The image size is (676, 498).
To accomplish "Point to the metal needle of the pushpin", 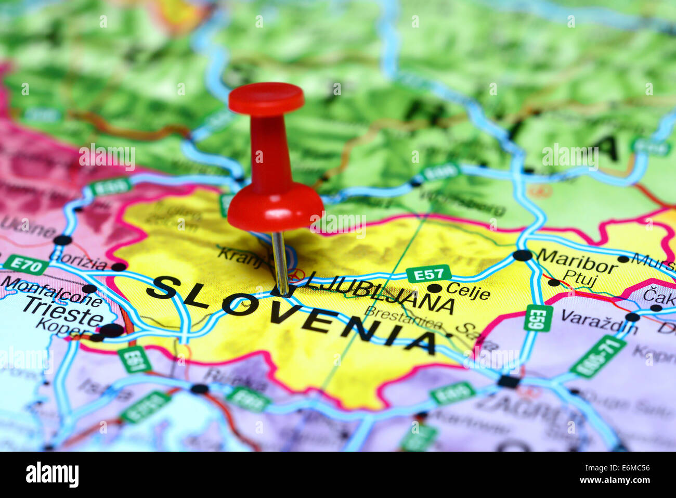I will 280,263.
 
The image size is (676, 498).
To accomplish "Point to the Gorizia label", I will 78,260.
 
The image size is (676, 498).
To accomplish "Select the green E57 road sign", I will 428,273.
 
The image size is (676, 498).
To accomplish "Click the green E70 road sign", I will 25,264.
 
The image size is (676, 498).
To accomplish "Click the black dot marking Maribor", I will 522,256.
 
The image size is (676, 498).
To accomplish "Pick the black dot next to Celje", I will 434,288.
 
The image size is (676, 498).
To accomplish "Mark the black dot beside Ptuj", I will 554,282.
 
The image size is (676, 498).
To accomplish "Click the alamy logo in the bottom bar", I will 52,475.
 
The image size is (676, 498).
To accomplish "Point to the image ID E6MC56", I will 631,467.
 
